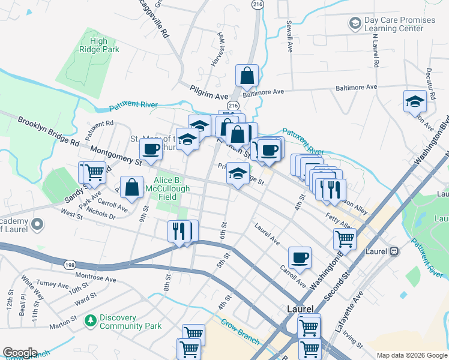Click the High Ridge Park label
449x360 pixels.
point(98,46)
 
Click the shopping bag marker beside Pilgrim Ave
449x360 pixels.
point(247,76)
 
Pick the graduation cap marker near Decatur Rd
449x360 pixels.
point(414,101)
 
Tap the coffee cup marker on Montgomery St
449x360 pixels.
point(151,149)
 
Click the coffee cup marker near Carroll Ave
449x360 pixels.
point(300,259)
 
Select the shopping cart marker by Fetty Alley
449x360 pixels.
point(345,239)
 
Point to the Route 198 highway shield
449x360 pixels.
point(65,264)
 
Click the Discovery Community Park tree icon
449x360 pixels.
point(91,321)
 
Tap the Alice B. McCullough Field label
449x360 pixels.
point(173,188)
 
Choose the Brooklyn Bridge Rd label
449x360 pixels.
point(48,132)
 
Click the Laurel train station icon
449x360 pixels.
point(394,251)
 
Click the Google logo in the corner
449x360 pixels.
point(20,353)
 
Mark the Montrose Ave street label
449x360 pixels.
point(95,278)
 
